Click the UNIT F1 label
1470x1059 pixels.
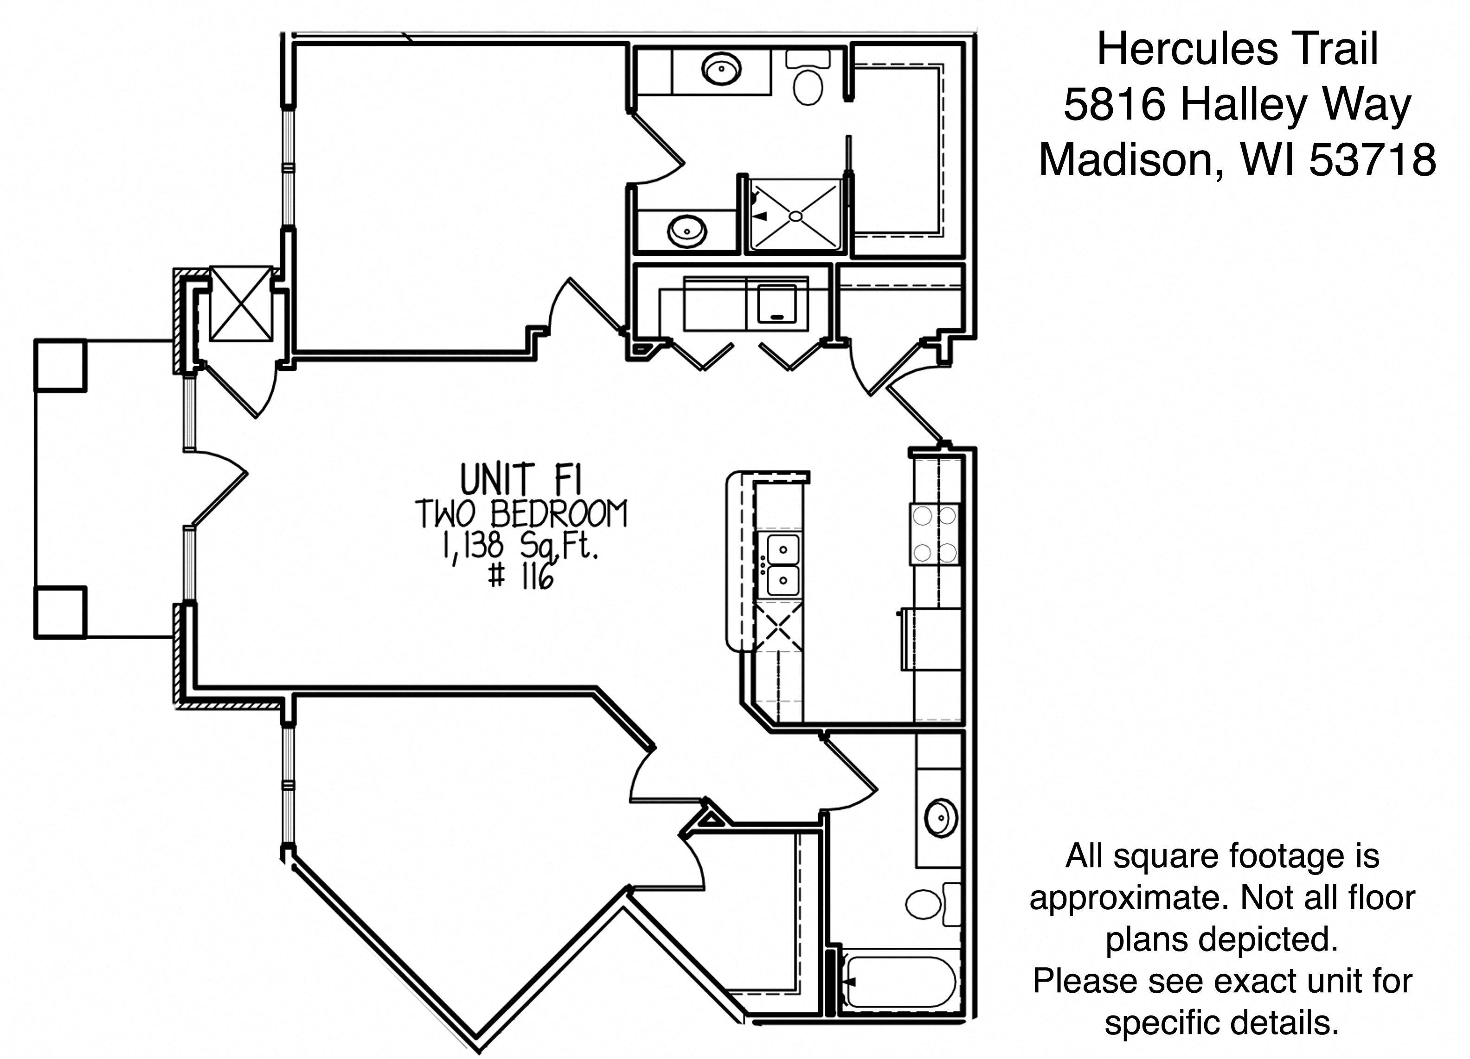pos(521,480)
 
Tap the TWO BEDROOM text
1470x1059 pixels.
pos(521,514)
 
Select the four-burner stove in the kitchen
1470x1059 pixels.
pos(935,534)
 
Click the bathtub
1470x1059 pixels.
pos(900,983)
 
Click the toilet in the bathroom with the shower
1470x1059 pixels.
pos(808,78)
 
